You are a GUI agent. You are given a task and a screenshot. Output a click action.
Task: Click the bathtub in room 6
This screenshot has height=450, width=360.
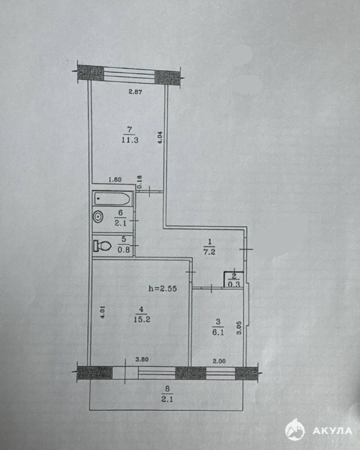(x=113, y=199)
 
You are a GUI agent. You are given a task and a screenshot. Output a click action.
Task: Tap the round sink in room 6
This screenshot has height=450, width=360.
(x=98, y=217)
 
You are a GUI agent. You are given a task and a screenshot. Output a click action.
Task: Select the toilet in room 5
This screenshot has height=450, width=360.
(x=102, y=246)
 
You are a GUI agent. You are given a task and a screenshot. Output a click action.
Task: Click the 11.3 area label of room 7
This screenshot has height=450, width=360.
(x=130, y=140)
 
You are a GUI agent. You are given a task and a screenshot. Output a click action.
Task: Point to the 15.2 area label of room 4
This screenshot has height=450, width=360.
(x=142, y=319)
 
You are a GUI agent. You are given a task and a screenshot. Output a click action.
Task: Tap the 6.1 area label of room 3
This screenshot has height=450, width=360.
(x=218, y=332)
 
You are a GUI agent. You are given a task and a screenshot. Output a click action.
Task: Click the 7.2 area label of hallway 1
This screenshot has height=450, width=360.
(x=209, y=252)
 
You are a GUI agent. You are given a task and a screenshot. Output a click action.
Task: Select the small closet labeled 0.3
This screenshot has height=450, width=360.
(x=233, y=280)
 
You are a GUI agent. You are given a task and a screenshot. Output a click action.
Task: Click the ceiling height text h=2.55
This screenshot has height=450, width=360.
(x=163, y=289)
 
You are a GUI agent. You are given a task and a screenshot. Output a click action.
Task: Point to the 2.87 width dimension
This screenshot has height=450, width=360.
(x=135, y=92)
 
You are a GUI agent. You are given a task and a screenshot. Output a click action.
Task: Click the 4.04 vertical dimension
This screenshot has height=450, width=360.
(x=160, y=137)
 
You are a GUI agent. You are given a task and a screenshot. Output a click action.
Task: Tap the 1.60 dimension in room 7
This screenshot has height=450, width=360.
(x=115, y=180)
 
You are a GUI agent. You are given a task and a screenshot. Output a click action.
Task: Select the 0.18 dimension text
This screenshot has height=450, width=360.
(x=140, y=182)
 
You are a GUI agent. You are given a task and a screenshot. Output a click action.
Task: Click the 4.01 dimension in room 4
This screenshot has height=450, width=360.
(x=103, y=312)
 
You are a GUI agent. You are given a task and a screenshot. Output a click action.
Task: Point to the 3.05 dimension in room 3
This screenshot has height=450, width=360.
(x=239, y=328)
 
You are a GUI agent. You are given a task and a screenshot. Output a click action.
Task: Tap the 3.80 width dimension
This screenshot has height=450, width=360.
(x=142, y=359)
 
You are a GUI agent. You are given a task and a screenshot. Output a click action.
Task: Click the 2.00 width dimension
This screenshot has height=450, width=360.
(x=219, y=361)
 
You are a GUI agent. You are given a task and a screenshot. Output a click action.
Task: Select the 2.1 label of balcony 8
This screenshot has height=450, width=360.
(x=167, y=399)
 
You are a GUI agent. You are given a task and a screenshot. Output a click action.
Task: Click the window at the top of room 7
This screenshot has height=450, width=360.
(x=129, y=73)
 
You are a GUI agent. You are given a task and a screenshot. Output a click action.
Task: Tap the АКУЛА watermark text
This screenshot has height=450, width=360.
(x=332, y=431)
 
